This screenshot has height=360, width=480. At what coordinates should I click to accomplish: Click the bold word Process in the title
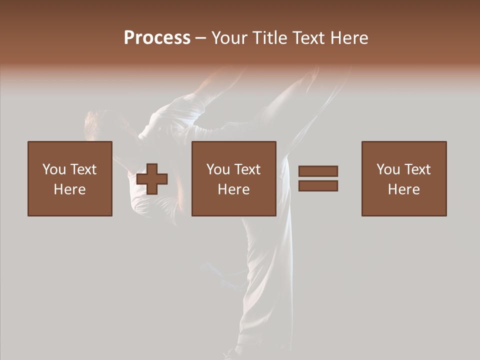(x=157, y=38)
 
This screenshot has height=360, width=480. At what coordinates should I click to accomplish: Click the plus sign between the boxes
(x=152, y=179)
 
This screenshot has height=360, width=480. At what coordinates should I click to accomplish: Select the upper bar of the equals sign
(x=318, y=171)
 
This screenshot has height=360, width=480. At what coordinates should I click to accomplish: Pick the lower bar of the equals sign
(x=318, y=186)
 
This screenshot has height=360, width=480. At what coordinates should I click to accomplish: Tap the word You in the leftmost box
(x=53, y=169)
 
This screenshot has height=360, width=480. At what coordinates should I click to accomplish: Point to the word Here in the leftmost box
(x=69, y=189)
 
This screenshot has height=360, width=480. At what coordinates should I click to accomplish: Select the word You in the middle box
(x=217, y=169)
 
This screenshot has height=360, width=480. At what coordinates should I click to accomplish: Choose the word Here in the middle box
(x=233, y=189)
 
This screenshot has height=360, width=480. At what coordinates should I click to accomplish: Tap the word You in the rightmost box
(x=387, y=169)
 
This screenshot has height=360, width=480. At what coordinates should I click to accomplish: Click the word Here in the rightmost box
(x=403, y=189)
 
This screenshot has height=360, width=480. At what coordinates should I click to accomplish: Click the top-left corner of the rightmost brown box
(x=362, y=142)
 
